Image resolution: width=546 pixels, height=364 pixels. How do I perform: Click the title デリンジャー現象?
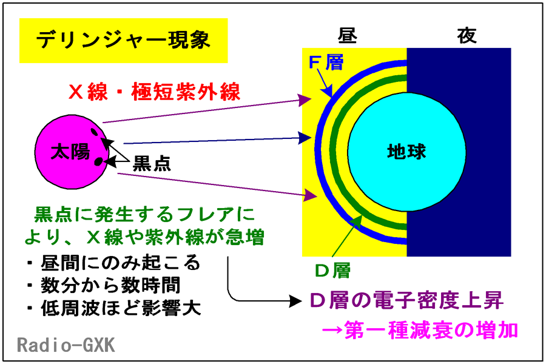click(123, 39)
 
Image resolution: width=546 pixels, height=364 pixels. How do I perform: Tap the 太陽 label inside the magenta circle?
click(71, 152)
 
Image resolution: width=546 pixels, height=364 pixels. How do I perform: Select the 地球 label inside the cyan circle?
click(406, 152)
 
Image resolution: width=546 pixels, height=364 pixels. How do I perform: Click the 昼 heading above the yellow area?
click(347, 35)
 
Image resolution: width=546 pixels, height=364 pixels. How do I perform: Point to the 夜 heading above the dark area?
click(467, 35)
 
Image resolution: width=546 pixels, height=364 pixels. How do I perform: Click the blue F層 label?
click(326, 62)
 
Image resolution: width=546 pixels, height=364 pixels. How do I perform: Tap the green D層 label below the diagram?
click(332, 271)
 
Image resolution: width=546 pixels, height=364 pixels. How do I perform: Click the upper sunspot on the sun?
click(95, 132)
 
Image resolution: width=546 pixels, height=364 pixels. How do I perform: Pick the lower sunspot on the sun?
click(98, 161)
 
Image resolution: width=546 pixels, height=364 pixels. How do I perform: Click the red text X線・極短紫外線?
click(154, 92)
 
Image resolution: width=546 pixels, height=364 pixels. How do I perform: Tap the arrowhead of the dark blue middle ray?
click(305, 138)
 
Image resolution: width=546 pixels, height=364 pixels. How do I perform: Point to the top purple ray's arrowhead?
click(305, 100)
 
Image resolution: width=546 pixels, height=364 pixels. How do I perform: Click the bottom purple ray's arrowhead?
click(310, 195)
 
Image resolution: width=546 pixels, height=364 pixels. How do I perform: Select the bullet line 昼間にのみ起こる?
click(114, 263)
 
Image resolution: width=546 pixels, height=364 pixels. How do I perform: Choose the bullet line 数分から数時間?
click(104, 286)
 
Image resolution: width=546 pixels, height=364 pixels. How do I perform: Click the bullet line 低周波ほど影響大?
click(114, 308)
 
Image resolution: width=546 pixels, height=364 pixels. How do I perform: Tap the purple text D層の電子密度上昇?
click(406, 300)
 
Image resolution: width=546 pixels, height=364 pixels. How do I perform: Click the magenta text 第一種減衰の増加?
click(420, 330)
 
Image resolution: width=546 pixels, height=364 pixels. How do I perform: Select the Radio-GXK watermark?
click(66, 345)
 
